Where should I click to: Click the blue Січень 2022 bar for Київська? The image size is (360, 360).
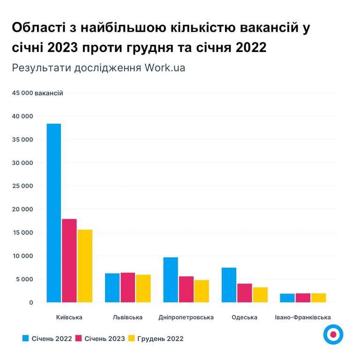pos(54,213)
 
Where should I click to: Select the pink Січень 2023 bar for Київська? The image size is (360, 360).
pos(69,261)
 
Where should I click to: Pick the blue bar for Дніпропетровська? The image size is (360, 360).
pos(171,280)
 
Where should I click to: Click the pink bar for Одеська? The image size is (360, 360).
pos(245,293)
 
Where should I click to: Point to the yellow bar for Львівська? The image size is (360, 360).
pos(143,288)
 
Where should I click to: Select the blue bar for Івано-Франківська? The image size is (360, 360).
pos(287,298)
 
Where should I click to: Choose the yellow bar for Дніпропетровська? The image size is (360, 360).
pos(202,291)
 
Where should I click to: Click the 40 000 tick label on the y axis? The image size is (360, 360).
pos(23,116)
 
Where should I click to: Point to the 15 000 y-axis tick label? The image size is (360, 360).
pos(23,232)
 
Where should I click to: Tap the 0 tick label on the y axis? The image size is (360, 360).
pos(31,302)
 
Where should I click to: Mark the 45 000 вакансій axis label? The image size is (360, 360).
pos(37,93)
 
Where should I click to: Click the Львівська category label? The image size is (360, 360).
pos(127,317)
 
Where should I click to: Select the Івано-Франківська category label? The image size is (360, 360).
pos(303,317)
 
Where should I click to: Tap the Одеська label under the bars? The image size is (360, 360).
pos(244,317)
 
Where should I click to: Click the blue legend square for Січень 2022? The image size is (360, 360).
pos(26,338)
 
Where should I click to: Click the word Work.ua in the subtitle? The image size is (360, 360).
pos(165,67)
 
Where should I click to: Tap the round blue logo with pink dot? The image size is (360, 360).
pos(333,334)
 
